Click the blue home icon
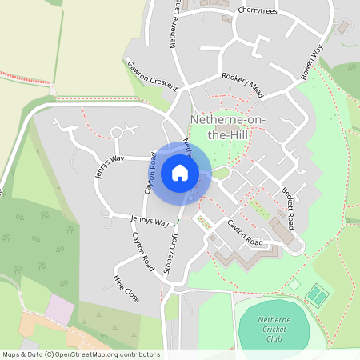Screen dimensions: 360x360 [x=180, y=173]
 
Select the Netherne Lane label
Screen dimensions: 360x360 [x=174, y=24]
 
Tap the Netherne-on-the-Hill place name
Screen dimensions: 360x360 [x=230, y=127]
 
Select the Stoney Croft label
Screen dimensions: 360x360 [x=170, y=254]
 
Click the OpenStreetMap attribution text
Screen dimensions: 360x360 [x=81, y=354]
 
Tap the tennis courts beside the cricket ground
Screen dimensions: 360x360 [x=318, y=296]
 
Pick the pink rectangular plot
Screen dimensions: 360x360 [x=59, y=308]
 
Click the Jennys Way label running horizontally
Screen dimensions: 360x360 [x=150, y=221]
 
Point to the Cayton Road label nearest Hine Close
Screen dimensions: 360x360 [x=141, y=250]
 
